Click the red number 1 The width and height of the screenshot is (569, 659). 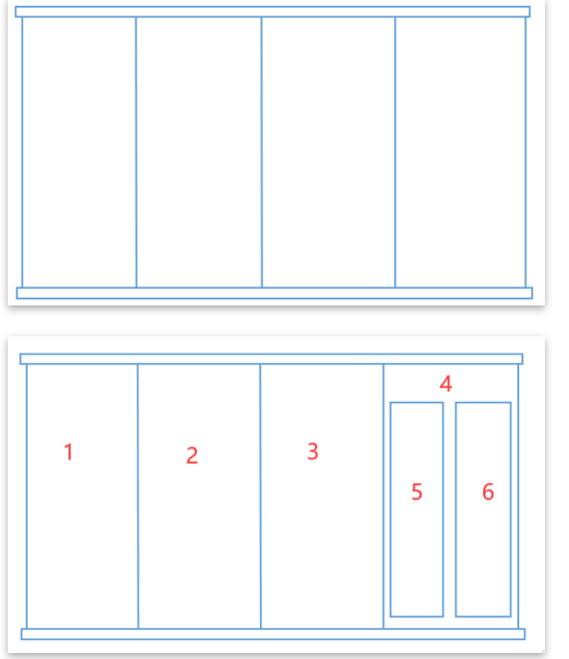(69, 453)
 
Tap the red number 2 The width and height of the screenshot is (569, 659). (192, 456)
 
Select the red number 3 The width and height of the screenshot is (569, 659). (312, 452)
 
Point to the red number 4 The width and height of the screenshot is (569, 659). (446, 384)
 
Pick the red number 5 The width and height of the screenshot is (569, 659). (417, 492)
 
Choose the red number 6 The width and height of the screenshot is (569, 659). (488, 492)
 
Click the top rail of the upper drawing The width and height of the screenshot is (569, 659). (273, 12)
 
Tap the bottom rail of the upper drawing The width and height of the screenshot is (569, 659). (275, 293)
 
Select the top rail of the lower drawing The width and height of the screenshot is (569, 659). (271, 359)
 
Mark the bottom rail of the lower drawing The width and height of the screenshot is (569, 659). (273, 634)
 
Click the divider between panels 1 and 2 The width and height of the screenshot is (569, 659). (138, 496)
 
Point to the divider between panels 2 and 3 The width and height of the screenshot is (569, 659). (260, 496)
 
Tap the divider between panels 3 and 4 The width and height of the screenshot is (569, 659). (384, 496)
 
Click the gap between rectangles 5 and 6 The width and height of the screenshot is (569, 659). (449, 509)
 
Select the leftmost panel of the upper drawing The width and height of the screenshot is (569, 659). (79, 152)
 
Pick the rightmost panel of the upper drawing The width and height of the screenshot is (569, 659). (461, 152)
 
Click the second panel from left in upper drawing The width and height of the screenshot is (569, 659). (199, 152)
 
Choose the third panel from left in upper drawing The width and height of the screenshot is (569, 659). (329, 152)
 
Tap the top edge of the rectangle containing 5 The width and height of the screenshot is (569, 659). (417, 403)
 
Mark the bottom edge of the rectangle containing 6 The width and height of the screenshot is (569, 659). (483, 617)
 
